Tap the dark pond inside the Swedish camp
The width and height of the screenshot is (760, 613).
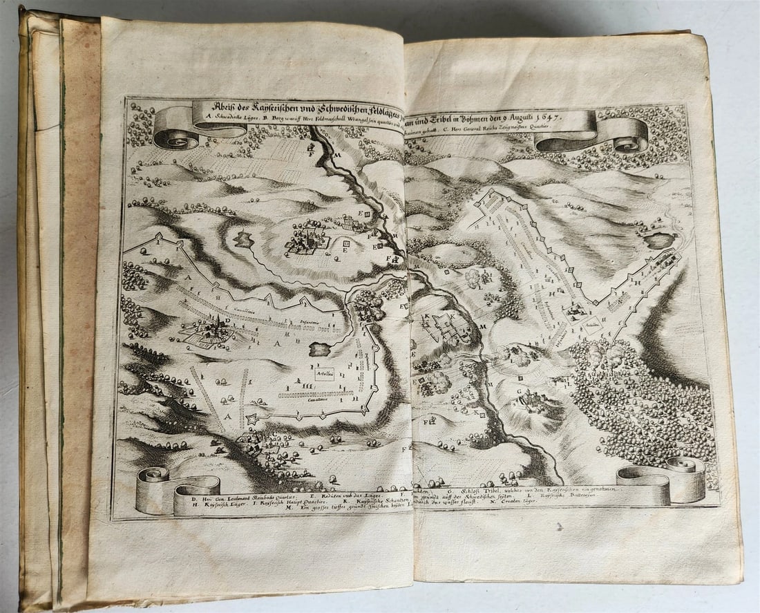click(x=320, y=349)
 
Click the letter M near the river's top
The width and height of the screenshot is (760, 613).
click(x=339, y=156)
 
